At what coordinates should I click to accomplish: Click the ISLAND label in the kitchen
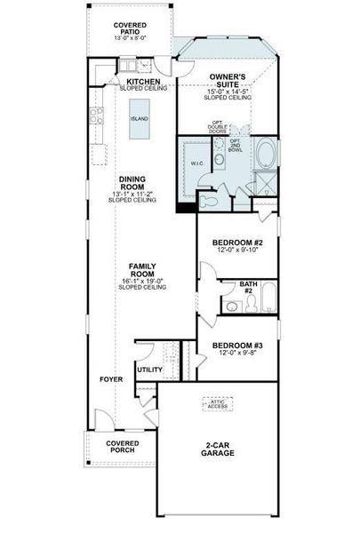click(138, 117)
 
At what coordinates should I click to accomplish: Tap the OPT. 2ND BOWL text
click(235, 146)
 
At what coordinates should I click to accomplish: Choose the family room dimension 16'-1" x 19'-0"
click(143, 282)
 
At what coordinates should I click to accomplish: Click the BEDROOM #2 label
click(236, 243)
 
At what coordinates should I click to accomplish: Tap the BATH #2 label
click(248, 287)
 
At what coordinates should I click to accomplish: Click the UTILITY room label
click(148, 369)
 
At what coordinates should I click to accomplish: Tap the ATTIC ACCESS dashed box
click(217, 403)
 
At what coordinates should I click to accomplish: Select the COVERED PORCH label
click(122, 447)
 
